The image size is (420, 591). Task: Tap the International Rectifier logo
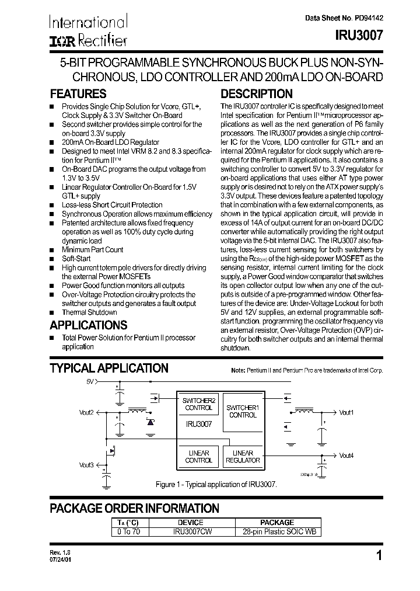(x=87, y=31)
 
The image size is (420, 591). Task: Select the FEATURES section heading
(x=78, y=94)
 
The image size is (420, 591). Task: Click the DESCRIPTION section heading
(x=257, y=94)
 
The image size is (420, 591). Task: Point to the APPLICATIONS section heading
(x=88, y=325)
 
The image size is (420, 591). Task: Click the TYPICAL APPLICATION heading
(x=109, y=368)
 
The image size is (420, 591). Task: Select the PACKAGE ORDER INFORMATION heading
(x=134, y=509)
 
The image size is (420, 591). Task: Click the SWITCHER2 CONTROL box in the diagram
(x=199, y=404)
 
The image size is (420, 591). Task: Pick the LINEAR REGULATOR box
(x=243, y=456)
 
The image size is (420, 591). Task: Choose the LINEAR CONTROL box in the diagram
(x=199, y=456)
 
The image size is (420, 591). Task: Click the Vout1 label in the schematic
(x=346, y=412)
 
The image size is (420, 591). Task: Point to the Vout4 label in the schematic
(x=346, y=456)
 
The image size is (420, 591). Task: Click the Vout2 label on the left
(x=86, y=412)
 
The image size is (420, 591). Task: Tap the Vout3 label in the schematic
(x=86, y=465)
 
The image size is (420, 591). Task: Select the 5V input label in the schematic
(x=90, y=381)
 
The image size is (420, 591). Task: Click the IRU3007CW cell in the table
(x=190, y=532)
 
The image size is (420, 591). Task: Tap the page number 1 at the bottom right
(x=379, y=556)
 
